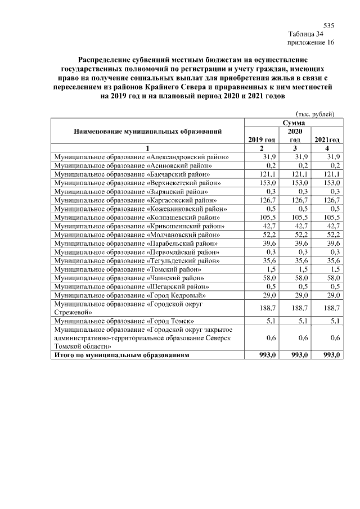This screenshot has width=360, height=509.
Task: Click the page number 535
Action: (x=329, y=26)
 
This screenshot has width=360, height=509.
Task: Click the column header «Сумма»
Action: (x=294, y=122)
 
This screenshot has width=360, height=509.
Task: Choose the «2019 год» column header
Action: (x=261, y=139)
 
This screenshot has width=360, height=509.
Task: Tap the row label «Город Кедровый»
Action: (x=129, y=295)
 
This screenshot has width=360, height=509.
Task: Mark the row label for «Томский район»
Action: (x=127, y=269)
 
